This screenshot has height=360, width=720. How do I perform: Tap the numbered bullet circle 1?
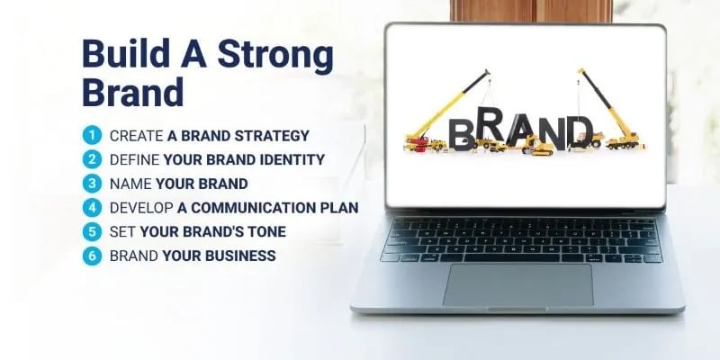click(x=91, y=136)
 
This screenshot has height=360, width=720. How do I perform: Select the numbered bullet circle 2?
click(x=91, y=159)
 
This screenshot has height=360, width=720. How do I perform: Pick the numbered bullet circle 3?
click(x=91, y=184)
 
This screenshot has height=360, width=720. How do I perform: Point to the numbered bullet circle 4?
click(x=91, y=208)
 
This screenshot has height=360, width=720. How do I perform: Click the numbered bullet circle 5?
click(x=91, y=231)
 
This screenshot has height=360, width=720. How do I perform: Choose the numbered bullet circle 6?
click(x=91, y=256)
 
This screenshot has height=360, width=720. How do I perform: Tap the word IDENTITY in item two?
click(x=291, y=160)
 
